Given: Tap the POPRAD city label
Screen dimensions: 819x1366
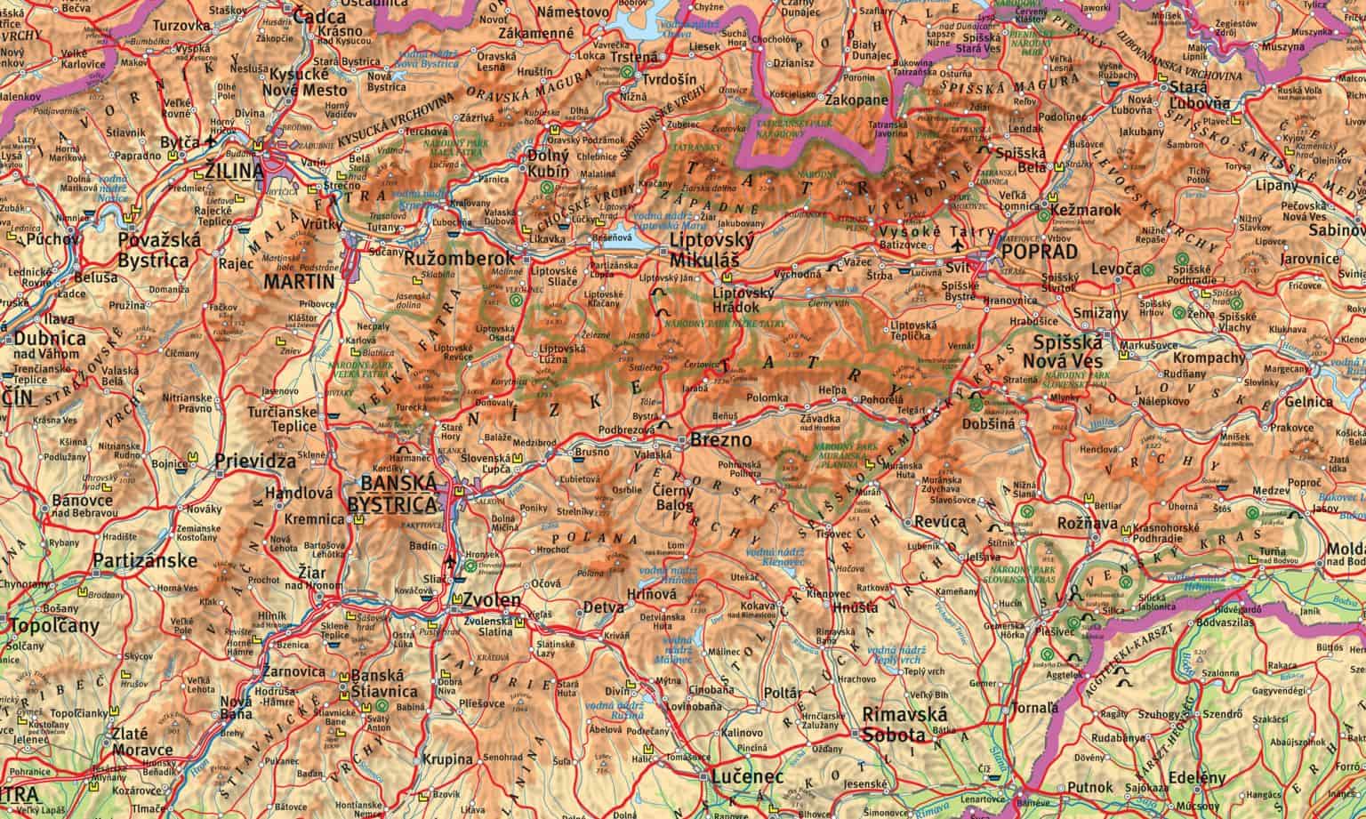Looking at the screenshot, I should tap(1039, 253).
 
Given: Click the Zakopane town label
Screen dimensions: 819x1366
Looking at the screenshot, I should tap(857, 100).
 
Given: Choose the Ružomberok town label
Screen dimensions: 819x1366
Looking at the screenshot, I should tap(447, 260).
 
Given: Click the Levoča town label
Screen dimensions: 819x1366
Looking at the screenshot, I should tap(1113, 269).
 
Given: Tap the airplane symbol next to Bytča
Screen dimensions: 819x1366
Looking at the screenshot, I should tap(210, 141).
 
